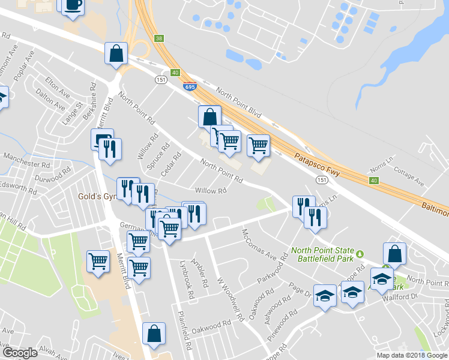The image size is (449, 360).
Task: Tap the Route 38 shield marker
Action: pos(158,38)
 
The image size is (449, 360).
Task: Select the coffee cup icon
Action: pos(73,5)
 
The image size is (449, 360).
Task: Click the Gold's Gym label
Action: pos(96,196)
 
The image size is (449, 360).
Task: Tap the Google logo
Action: pos(20,353)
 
